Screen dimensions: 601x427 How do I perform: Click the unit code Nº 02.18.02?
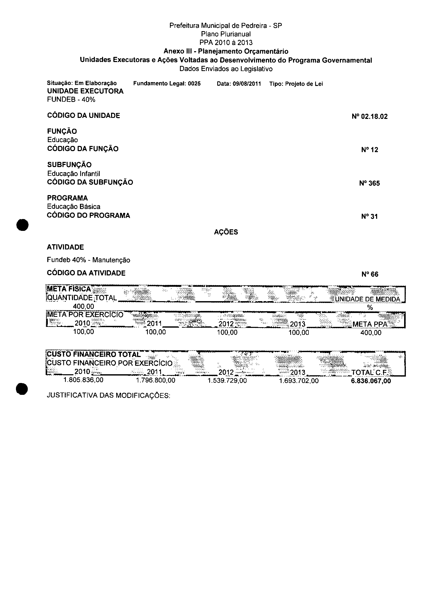369,117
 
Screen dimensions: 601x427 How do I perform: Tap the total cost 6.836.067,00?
371,381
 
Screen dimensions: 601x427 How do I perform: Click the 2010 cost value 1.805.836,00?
83,380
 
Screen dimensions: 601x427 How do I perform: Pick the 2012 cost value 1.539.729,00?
227,381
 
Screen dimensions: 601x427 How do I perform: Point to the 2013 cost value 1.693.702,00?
299,381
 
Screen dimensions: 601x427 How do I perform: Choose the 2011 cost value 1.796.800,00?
155,380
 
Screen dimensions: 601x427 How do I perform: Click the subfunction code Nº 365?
369,183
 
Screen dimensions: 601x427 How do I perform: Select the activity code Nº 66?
370,274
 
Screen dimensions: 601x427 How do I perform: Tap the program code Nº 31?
369,216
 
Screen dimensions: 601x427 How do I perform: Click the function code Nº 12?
369,150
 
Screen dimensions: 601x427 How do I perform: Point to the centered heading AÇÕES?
226,232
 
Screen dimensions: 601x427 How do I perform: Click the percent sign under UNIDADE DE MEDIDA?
370,308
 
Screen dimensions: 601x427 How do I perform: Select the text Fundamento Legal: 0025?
167,84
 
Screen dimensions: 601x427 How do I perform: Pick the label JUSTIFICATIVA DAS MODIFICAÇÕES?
108,396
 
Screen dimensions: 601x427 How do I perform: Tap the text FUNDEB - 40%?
71,100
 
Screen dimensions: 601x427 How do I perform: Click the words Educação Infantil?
73,174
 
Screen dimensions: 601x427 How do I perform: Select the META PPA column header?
370,324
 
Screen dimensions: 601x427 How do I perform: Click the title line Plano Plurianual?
226,34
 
